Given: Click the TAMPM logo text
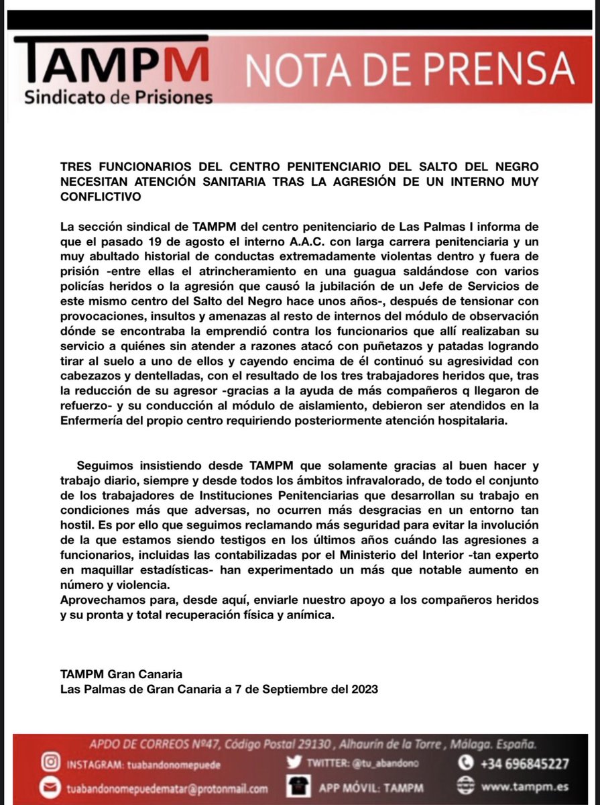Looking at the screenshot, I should click(111, 65).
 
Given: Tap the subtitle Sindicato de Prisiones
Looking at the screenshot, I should click(118, 97).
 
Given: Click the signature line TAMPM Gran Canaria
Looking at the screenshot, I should click(121, 674).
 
